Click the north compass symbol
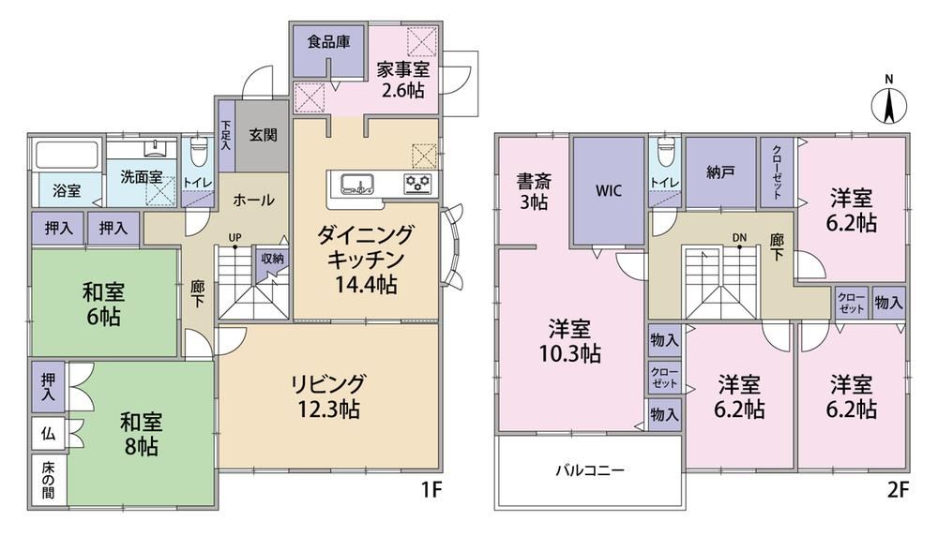(x=889, y=105)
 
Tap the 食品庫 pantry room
(x=328, y=51)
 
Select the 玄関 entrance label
(x=263, y=134)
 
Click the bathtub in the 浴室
(x=67, y=155)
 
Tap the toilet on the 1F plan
(x=197, y=153)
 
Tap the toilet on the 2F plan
(x=664, y=153)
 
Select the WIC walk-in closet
(x=609, y=190)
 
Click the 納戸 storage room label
(x=720, y=172)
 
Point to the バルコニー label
(x=590, y=470)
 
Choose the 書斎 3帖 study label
(x=534, y=191)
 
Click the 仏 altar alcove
(x=48, y=434)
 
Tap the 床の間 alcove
(x=48, y=481)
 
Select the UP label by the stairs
(x=235, y=237)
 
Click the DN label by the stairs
(x=739, y=237)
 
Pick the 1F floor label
(x=431, y=490)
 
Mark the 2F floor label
(x=897, y=490)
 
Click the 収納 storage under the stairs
(x=272, y=263)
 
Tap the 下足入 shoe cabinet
(x=225, y=137)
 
